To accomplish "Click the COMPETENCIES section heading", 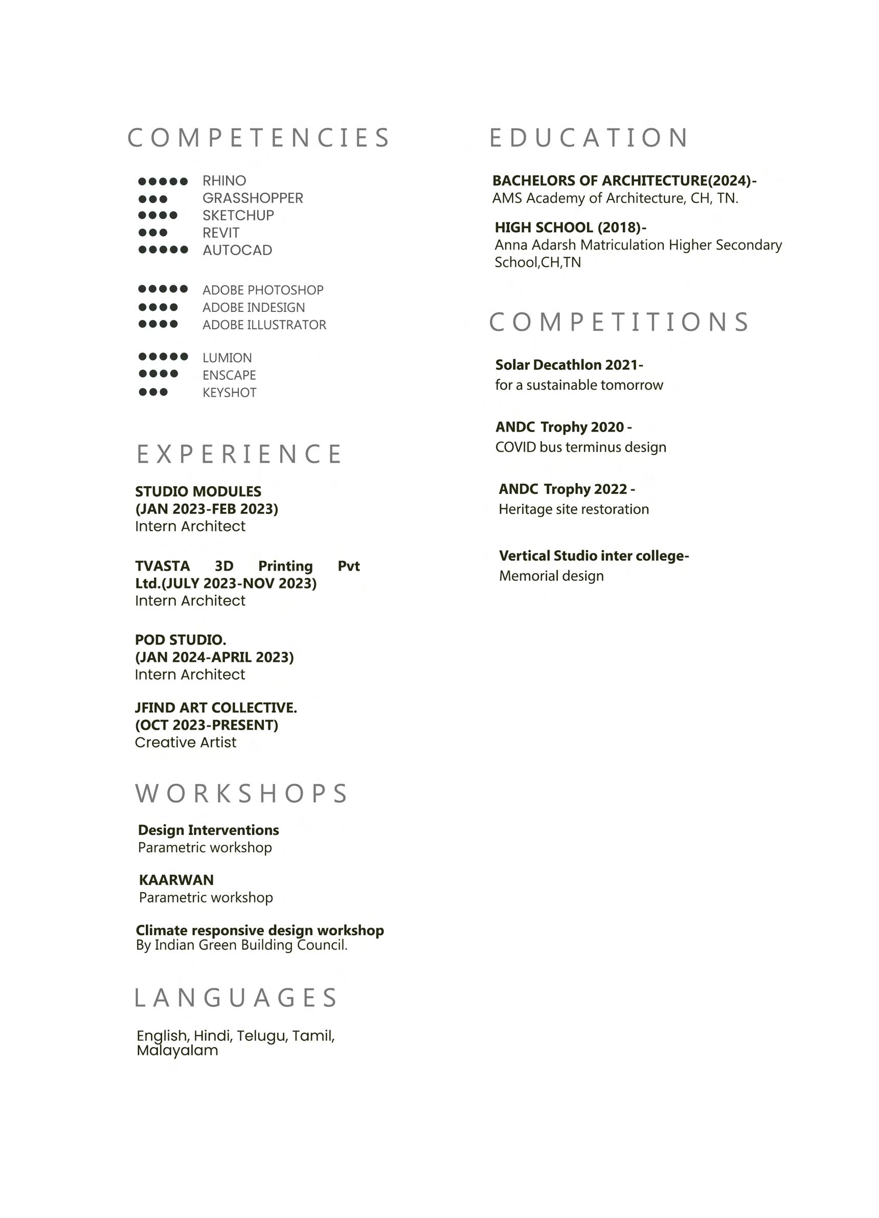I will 258,138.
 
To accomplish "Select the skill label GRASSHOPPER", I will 253,198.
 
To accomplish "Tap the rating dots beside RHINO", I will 163,182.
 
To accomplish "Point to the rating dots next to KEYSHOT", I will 153,392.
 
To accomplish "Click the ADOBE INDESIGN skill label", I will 254,307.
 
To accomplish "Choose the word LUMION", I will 227,357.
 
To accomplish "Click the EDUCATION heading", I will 589,138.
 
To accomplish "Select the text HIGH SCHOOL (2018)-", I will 570,227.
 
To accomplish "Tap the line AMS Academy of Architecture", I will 615,198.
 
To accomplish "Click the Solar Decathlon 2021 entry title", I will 569,365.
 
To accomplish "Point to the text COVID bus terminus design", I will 580,447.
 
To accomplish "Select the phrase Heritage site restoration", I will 573,509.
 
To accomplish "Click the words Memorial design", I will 551,576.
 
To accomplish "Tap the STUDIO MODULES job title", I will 198,491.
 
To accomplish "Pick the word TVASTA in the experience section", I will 162,566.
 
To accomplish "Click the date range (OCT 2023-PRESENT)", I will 207,725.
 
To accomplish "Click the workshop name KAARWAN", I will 176,879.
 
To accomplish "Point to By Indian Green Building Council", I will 242,944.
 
